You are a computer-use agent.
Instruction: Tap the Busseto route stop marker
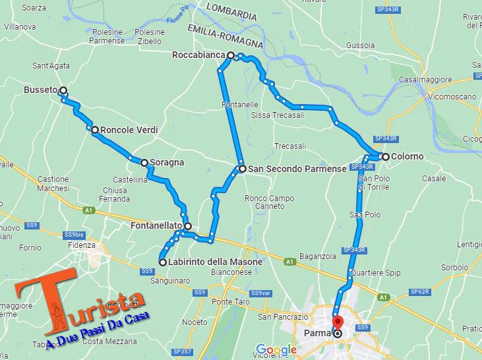(63, 90)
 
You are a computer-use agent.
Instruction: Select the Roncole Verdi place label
(129, 131)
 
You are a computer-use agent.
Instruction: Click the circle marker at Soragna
(144, 162)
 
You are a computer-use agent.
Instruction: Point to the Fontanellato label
(156, 226)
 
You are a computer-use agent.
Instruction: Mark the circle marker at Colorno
(385, 156)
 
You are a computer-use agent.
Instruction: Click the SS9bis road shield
(74, 234)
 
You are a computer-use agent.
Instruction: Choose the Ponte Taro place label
(216, 302)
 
